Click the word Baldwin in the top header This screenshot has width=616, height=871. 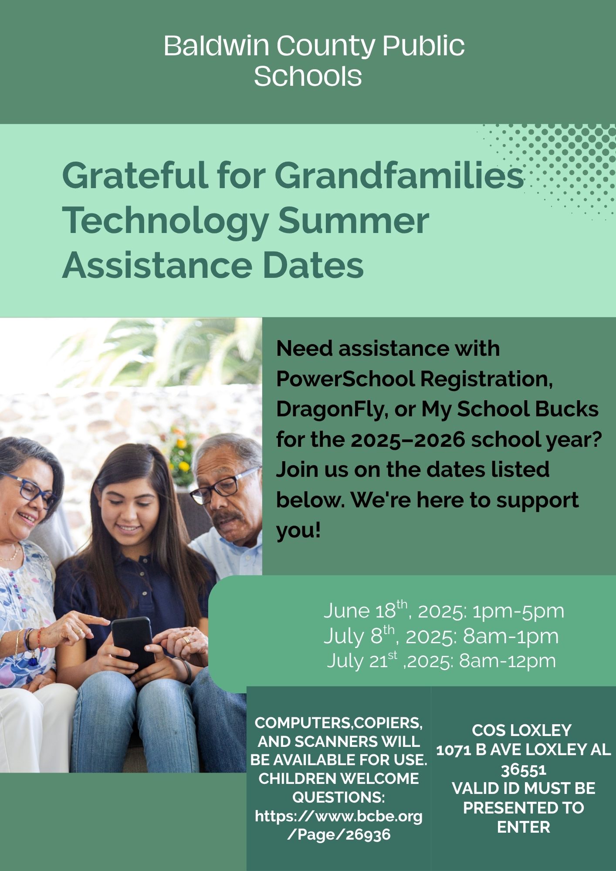[x=217, y=46]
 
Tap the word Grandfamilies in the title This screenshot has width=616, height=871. [x=399, y=175]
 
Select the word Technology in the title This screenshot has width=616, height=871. [x=165, y=222]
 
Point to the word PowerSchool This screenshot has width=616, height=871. [x=347, y=379]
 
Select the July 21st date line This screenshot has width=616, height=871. [x=441, y=660]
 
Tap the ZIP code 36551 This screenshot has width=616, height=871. [x=523, y=770]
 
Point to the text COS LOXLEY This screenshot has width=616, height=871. [x=521, y=730]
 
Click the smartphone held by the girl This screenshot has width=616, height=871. [x=132, y=640]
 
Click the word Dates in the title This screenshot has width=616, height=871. [x=313, y=266]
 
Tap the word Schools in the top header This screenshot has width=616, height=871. [x=308, y=77]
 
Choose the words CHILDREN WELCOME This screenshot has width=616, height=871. [x=338, y=779]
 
